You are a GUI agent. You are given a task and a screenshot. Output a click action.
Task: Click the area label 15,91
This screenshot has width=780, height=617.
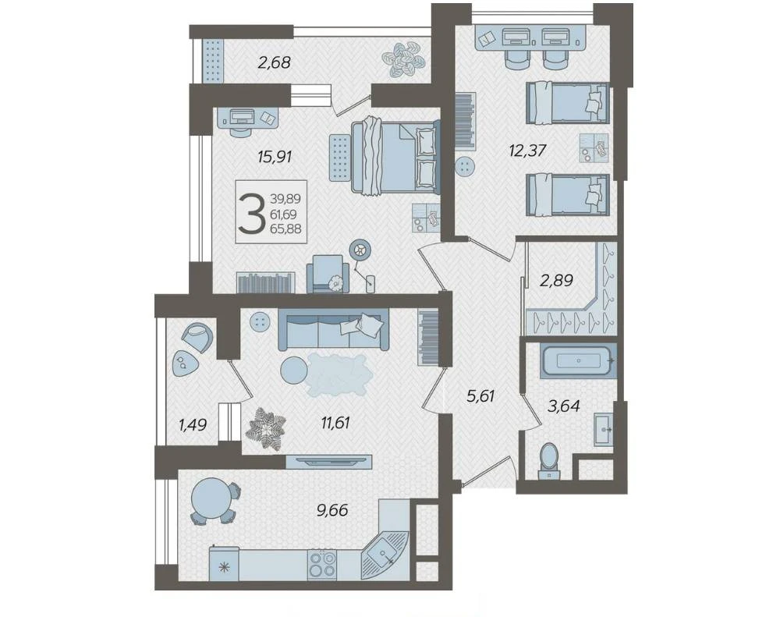point(275,158)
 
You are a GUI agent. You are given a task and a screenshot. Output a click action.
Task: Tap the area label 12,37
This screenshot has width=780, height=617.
point(528,150)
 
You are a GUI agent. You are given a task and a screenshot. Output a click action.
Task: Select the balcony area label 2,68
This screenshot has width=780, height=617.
point(274,62)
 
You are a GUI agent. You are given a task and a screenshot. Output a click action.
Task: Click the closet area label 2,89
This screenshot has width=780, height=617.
point(557,281)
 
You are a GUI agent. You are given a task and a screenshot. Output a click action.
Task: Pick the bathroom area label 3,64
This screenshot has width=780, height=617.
point(564,406)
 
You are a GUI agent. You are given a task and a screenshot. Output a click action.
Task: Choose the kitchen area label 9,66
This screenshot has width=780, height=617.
point(332,510)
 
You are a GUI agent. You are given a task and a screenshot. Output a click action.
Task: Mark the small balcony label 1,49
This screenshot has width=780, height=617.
point(193,425)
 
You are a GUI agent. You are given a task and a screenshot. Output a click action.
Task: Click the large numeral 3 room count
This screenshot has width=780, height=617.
point(252,214)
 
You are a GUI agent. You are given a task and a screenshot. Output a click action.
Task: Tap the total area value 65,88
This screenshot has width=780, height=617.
point(285,229)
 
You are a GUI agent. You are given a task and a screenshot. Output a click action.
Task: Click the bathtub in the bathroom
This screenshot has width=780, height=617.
point(579,360)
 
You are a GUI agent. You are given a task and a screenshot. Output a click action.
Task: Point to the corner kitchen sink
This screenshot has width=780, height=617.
point(385,551)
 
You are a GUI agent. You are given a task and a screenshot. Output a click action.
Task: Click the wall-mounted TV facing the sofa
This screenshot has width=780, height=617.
point(329,461)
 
